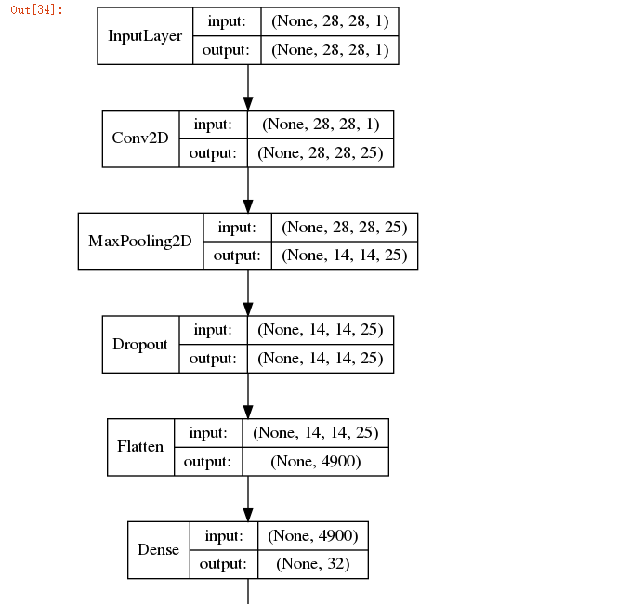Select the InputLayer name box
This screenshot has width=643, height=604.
(145, 36)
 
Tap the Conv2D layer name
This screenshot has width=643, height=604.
(140, 138)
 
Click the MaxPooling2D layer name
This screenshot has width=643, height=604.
(140, 242)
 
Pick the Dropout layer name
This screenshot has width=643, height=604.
(140, 344)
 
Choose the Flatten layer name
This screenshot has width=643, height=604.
(140, 446)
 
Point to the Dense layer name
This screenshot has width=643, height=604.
(158, 549)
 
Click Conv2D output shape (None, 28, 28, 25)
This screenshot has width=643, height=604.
(321, 153)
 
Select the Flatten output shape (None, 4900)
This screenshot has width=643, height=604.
(315, 461)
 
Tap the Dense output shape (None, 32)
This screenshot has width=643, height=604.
(312, 564)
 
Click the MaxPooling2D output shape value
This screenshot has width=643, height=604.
(344, 256)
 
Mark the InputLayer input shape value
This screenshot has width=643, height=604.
(329, 21)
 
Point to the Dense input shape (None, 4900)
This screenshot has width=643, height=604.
(312, 535)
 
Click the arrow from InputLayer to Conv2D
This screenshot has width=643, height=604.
(248, 87)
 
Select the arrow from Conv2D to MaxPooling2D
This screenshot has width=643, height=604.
(248, 190)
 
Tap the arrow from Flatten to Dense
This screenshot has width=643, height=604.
(248, 498)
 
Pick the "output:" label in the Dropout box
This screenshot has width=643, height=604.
(214, 359)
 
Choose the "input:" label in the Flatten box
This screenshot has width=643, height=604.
(207, 432)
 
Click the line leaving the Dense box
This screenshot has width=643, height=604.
(248, 591)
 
